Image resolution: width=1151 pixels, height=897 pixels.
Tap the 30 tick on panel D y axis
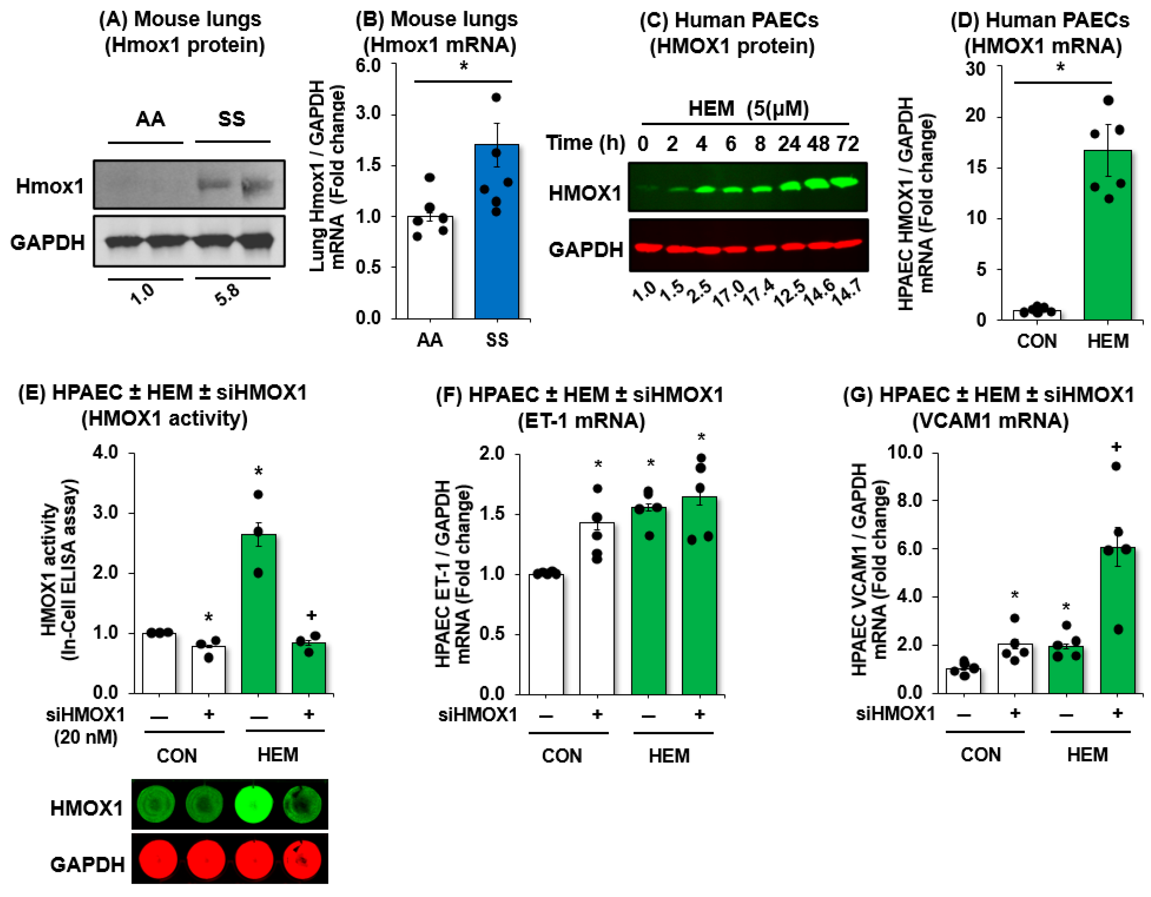click(x=975, y=69)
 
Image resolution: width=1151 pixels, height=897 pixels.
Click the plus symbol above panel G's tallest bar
click(x=1116, y=447)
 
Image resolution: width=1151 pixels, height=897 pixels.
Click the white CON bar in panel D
click(x=1037, y=315)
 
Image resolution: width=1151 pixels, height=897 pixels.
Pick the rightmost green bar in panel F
click(x=699, y=595)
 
